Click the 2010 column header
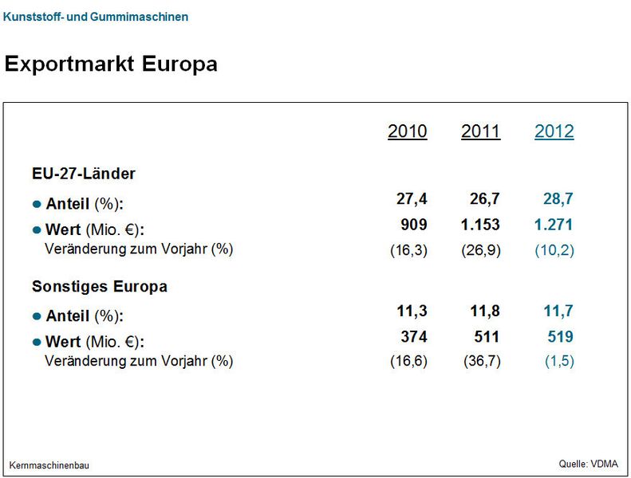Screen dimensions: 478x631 (407, 131)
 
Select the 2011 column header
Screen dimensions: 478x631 (480, 131)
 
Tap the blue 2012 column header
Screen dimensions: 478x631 (554, 131)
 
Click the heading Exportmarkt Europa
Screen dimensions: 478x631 (111, 64)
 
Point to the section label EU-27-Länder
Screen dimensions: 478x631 (84, 173)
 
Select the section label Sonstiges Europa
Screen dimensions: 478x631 (100, 286)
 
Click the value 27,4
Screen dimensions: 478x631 (412, 198)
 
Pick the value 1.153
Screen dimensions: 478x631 (480, 225)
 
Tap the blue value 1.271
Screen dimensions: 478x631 (554, 225)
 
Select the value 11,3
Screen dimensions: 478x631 (412, 311)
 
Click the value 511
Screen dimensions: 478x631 (486, 337)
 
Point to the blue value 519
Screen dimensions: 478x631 (559, 337)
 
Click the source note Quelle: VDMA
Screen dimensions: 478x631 (588, 464)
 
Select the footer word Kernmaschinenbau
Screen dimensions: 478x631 (49, 465)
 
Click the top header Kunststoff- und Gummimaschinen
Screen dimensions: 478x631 (96, 16)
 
